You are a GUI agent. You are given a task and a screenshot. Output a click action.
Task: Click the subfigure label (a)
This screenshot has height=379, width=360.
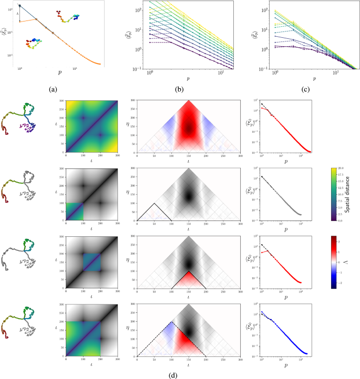(x=53, y=90)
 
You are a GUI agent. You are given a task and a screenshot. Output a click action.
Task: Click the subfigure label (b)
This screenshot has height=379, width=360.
(x=179, y=90)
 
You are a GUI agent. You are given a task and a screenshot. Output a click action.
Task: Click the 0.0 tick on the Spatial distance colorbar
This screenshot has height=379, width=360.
(x=342, y=206)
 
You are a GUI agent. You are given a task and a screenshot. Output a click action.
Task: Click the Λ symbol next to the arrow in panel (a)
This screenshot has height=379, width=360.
(x=17, y=14)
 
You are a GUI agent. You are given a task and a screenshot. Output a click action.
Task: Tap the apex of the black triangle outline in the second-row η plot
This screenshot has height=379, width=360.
(x=154, y=203)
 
